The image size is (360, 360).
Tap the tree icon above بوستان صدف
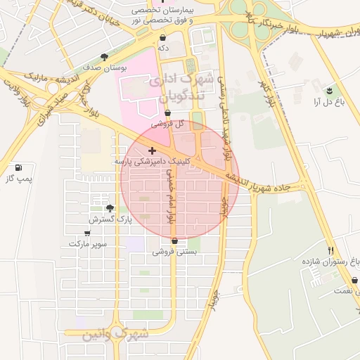(105, 57)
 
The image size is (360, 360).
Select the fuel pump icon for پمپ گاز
(18, 168)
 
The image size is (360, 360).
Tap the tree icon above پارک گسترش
(110, 208)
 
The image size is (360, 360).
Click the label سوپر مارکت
(88, 244)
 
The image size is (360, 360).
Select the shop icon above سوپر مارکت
(87, 233)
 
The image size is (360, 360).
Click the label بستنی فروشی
(175, 251)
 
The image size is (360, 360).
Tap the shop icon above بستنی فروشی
(174, 240)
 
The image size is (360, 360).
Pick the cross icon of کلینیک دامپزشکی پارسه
(153, 150)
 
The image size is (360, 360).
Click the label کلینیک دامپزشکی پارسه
(153, 162)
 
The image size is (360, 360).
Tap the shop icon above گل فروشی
(167, 112)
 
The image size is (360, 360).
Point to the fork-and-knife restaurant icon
(330, 250)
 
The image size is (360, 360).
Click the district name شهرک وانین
(116, 335)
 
